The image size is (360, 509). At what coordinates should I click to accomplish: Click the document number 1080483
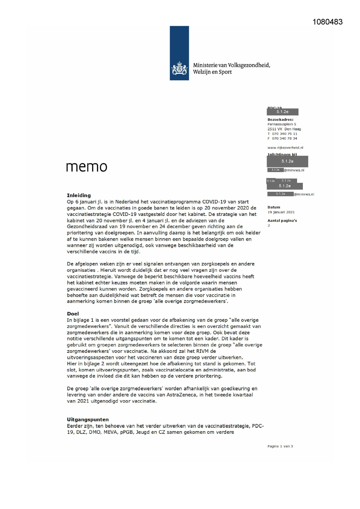coord(328,22)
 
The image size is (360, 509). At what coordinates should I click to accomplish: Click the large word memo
coord(86,167)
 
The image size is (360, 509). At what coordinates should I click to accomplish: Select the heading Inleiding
coord(79,195)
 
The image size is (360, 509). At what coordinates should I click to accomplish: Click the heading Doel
coord(73,314)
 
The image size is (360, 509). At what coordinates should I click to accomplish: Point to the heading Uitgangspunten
coord(88,420)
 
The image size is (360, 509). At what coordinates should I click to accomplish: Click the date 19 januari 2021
coord(281,212)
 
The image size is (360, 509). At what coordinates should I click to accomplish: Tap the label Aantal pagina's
coord(282,221)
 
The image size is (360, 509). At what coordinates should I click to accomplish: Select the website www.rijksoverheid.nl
coord(285,148)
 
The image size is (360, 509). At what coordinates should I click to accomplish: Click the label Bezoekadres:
coord(280,120)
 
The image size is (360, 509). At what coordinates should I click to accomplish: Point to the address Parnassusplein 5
coord(282,124)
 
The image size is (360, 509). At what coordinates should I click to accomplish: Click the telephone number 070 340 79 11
coord(284,134)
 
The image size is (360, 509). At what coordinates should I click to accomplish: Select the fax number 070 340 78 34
coord(284,138)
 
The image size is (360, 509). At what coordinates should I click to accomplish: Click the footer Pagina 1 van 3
coord(280,446)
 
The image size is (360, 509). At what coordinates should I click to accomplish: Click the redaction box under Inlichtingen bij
coord(287,161)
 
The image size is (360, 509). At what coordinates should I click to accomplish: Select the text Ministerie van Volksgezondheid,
coord(231,65)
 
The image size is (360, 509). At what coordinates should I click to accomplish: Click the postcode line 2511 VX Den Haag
coord(284,129)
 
